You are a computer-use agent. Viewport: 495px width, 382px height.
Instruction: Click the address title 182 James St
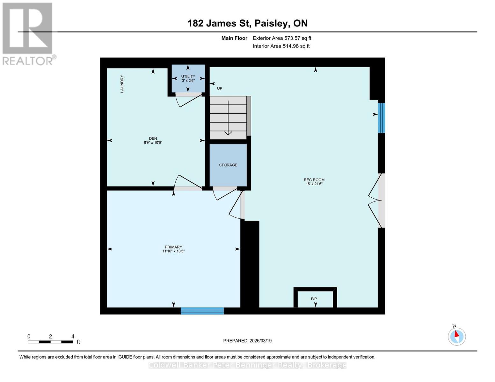coord(247,23)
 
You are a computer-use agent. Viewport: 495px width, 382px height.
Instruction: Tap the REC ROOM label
coord(314,182)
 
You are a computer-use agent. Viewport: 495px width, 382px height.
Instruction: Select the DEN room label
coord(153,140)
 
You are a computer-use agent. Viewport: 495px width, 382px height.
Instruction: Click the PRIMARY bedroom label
coord(173,249)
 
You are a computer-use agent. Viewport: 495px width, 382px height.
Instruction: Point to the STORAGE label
coord(228,165)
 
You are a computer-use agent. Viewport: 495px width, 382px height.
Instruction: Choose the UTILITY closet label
coord(188,78)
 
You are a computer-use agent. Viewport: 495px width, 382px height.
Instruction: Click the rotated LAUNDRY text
coord(122,84)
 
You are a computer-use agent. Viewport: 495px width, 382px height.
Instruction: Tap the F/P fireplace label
coord(314,299)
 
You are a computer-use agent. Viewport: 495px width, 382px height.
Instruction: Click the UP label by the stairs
coord(220,88)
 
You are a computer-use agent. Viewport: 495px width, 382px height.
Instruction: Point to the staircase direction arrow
coord(228,118)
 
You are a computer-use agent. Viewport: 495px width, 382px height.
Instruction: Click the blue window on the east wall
coord(381,118)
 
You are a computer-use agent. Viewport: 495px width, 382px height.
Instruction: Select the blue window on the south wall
coord(202,311)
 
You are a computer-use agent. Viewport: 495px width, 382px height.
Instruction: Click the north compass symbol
coord(457,336)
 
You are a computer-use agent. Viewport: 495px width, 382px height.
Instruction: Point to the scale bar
coord(50,342)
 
